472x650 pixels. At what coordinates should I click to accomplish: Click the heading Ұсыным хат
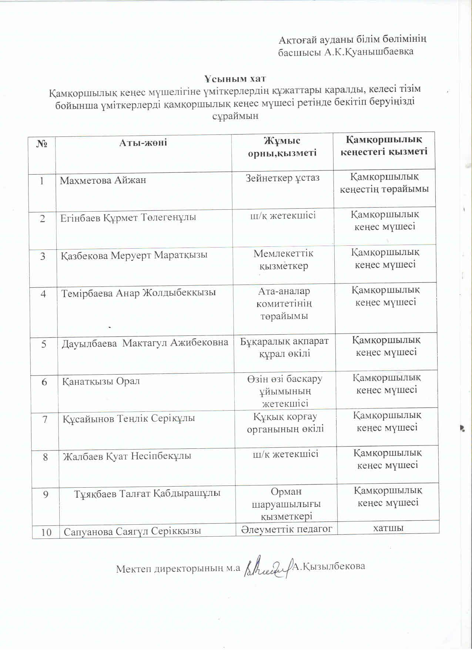pos(235,79)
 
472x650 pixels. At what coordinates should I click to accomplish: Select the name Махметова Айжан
pos(103,180)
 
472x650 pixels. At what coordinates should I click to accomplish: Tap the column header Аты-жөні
pos(143,143)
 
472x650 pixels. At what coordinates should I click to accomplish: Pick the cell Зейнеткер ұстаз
pos(282,178)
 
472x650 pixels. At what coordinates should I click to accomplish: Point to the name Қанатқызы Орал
pos(101,381)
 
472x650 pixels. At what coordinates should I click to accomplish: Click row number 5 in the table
pos(44,344)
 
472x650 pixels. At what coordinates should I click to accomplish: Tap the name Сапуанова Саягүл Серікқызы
pos(133,531)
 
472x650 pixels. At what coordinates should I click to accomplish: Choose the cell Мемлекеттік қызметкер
pos(283,259)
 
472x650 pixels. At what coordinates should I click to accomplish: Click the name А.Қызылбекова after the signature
pos(329,566)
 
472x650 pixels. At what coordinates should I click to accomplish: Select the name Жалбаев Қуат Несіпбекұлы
pos(127,456)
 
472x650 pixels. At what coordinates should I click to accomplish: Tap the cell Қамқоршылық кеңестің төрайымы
pos(384,183)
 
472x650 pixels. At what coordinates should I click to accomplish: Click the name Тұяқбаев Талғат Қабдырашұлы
pos(147,494)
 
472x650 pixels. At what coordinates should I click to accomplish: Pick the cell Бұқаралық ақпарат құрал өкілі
pos(284,347)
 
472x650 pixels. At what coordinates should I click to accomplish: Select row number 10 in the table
pos(46,532)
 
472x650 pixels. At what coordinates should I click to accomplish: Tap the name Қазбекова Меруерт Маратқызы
pos(134,255)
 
